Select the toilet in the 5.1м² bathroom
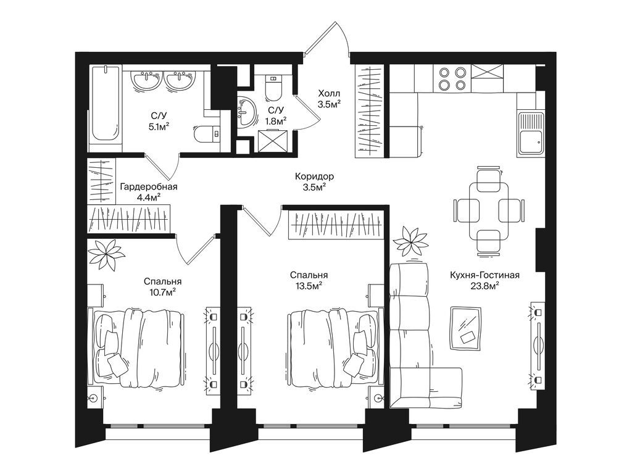pos(207,133)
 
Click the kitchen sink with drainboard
pos(531,134)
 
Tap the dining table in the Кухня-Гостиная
pos(489,210)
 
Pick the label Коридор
pos(314,176)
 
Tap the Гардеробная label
pos(149,186)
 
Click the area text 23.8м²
pos(485,286)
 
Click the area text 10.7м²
pos(162,292)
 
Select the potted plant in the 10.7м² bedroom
pos(106,255)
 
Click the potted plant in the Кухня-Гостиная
pos(412,241)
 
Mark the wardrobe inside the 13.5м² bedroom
pos(336,225)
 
